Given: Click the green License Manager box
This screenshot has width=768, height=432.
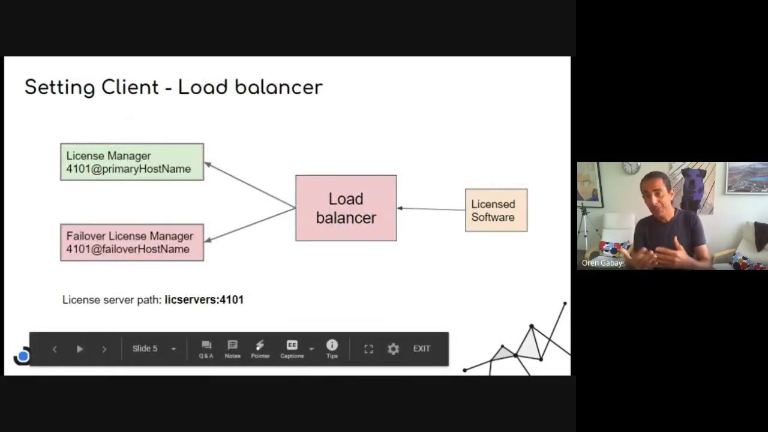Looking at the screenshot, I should pyautogui.click(x=132, y=162).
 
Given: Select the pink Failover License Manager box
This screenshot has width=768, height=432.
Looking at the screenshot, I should pyautogui.click(x=132, y=242).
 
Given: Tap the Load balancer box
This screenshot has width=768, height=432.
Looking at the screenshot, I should pyautogui.click(x=346, y=208).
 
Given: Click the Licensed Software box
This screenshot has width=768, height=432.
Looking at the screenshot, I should pyautogui.click(x=496, y=211).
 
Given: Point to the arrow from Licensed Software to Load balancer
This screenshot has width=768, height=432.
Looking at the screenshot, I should pyautogui.click(x=431, y=209).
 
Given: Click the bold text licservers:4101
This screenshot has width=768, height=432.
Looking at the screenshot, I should pyautogui.click(x=204, y=299).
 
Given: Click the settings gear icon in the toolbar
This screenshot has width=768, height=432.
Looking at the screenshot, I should pyautogui.click(x=393, y=349).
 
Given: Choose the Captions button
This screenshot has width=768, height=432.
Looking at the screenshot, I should pyautogui.click(x=292, y=349).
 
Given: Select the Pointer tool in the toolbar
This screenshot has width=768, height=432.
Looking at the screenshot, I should pyautogui.click(x=260, y=349).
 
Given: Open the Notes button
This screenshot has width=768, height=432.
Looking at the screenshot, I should pyautogui.click(x=232, y=349).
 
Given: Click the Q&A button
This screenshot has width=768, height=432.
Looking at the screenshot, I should pyautogui.click(x=206, y=349).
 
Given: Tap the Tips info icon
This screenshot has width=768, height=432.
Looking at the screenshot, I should pyautogui.click(x=332, y=349).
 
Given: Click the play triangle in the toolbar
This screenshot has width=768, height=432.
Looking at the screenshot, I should pyautogui.click(x=79, y=349).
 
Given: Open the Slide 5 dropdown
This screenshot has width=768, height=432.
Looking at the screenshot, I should pyautogui.click(x=154, y=349).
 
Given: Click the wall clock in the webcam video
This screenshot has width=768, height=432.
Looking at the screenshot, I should pyautogui.click(x=631, y=168).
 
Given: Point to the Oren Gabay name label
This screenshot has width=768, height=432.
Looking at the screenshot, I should pyautogui.click(x=602, y=263).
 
